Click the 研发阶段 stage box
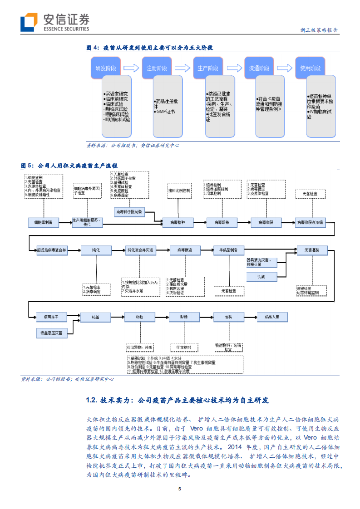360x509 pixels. [x=106, y=68]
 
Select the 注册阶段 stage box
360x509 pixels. [x=157, y=68]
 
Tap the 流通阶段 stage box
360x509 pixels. [x=259, y=68]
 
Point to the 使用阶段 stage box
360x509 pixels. [x=311, y=68]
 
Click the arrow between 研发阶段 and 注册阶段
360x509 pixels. [x=131, y=68]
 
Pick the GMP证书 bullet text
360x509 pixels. [x=164, y=111]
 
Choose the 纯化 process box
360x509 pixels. [x=95, y=250]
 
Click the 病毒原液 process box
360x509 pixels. [x=185, y=250]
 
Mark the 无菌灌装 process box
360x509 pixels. [x=311, y=250]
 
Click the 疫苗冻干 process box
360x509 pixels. [x=51, y=316]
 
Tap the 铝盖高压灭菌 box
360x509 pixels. [x=51, y=333]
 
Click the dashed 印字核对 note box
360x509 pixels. [x=184, y=347]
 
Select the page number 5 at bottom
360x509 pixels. [x=180, y=489]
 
